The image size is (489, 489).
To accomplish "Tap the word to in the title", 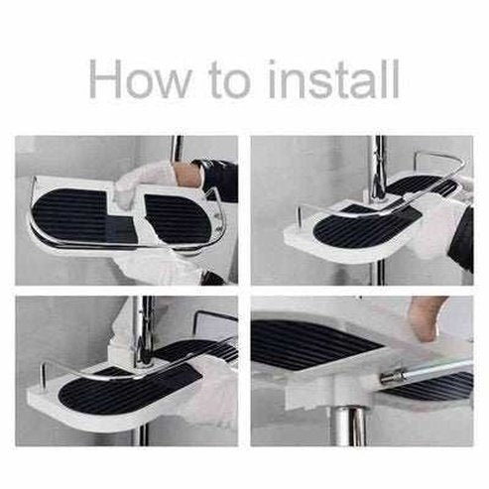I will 242,79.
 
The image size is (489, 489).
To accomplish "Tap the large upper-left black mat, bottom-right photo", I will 307,342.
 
